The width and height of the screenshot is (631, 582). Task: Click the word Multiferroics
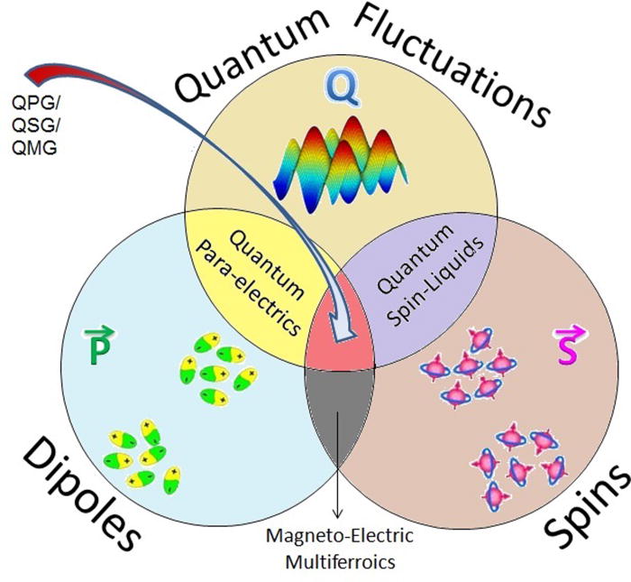pos(339,560)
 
